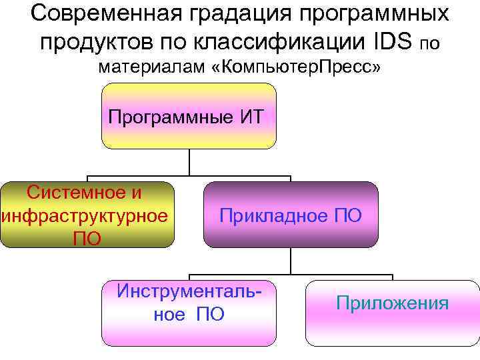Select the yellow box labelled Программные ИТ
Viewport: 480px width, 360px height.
[x=189, y=116]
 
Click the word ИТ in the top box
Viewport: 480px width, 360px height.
[x=251, y=118]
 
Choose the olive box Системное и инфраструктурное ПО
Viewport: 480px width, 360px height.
[x=87, y=215]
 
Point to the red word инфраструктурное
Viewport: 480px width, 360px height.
[x=85, y=215]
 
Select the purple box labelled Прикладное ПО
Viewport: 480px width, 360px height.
[x=290, y=215]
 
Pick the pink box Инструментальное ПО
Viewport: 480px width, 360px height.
[x=189, y=312]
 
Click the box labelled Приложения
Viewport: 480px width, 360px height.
[x=392, y=312]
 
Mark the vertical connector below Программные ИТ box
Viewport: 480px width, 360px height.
[x=189, y=162]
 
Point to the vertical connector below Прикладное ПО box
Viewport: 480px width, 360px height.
[x=290, y=261]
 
